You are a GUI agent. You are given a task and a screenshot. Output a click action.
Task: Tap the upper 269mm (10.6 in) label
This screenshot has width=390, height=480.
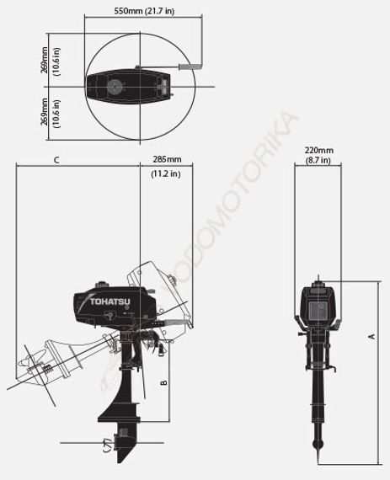(49, 61)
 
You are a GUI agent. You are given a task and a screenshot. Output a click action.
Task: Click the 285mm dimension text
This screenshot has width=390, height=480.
(166, 159)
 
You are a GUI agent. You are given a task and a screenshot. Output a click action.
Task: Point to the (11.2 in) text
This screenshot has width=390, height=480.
(166, 174)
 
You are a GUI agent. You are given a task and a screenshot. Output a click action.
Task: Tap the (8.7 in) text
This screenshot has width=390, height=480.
(318, 160)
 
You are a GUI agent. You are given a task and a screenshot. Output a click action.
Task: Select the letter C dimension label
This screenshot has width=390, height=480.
(56, 159)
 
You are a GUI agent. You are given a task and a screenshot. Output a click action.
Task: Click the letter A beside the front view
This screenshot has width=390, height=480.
(371, 336)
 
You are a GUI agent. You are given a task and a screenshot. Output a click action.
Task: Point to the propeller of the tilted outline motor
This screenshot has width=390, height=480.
(38, 367)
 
